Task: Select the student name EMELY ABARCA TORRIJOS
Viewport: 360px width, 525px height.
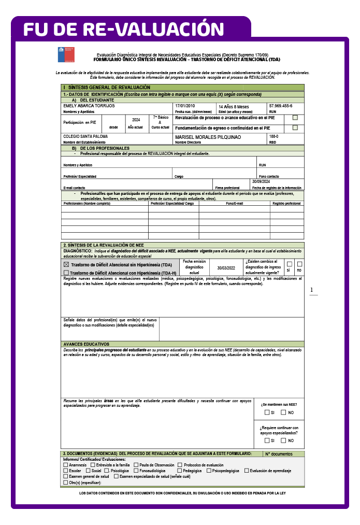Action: (85, 106)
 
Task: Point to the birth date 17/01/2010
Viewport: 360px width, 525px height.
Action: (185, 106)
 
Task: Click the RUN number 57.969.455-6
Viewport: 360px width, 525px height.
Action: (280, 106)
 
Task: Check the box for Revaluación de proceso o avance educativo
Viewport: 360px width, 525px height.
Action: (295, 118)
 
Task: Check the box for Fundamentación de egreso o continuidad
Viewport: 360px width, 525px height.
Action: (295, 127)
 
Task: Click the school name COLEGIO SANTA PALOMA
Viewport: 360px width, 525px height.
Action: (82, 137)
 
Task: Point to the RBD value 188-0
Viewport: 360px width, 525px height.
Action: (273, 136)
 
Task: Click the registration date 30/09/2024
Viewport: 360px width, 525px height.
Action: (262, 182)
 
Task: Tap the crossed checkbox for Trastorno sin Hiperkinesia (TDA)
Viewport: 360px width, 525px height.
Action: (66, 264)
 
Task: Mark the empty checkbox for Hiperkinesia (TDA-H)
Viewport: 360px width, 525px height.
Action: (66, 273)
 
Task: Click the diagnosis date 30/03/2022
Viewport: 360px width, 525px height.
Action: (226, 268)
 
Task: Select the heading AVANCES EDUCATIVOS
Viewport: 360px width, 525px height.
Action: (86, 344)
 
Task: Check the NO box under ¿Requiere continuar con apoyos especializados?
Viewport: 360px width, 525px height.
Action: (283, 441)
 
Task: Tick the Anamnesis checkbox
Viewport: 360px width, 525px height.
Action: (65, 465)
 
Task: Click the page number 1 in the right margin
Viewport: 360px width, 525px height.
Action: (312, 290)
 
